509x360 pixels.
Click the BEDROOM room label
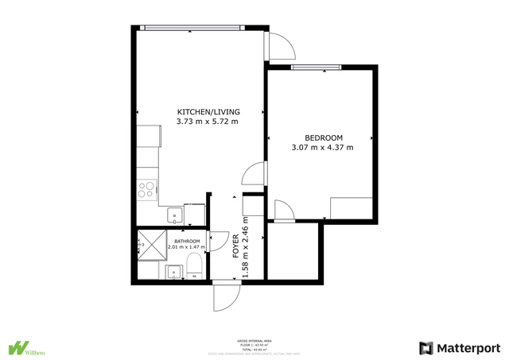323,137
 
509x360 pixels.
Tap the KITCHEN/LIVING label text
208,111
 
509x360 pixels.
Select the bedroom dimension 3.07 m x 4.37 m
323,147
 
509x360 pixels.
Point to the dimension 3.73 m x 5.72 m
208,122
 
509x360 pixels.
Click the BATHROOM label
187,240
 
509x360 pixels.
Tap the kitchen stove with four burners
146,189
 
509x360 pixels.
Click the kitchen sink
173,214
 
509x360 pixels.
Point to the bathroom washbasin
173,273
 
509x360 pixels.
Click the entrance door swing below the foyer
226,297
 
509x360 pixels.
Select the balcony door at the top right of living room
281,47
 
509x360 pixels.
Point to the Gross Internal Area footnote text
254,343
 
